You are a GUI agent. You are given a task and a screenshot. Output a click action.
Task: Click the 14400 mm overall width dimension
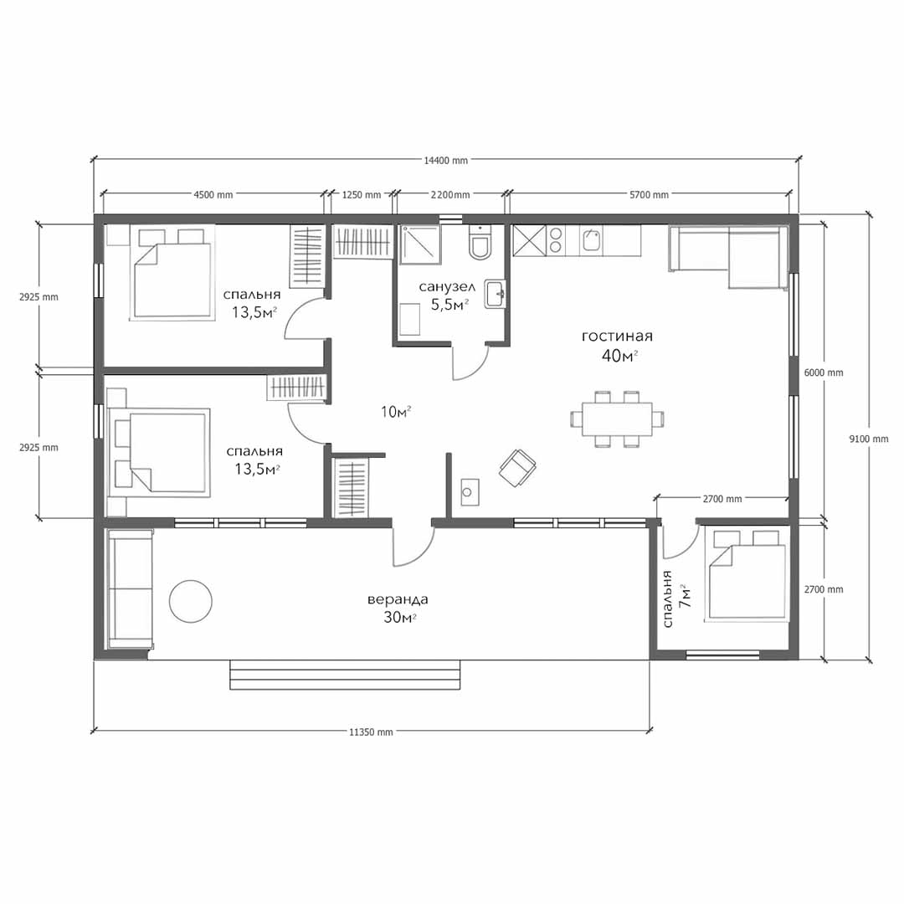point(445,160)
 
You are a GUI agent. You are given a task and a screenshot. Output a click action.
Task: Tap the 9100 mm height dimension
point(868,439)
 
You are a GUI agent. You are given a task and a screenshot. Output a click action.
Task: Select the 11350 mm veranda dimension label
point(371,732)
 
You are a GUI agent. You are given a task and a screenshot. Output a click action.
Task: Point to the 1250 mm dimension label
point(362,195)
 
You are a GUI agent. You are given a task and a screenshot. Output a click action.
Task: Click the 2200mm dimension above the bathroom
point(450,195)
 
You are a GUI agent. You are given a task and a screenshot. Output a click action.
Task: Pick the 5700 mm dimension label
point(650,195)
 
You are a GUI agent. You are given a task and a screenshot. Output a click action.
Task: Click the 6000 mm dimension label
point(824,373)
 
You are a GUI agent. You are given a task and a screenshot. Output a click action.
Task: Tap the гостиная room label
point(618,336)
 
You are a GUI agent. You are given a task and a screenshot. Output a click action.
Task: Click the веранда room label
point(398,599)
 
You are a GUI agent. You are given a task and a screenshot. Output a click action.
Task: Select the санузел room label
point(447,286)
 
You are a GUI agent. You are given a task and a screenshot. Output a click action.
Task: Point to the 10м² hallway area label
point(395,412)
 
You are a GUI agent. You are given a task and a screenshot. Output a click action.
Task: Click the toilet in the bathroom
point(480,243)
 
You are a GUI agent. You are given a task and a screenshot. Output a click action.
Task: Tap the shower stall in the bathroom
point(420,244)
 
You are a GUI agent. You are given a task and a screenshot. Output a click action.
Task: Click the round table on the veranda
point(191,601)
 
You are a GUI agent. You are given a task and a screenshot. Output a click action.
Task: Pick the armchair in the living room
point(517,468)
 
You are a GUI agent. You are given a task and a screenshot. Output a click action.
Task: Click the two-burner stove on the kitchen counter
point(556,241)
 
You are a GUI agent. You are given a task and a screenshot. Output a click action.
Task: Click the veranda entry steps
point(346,675)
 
